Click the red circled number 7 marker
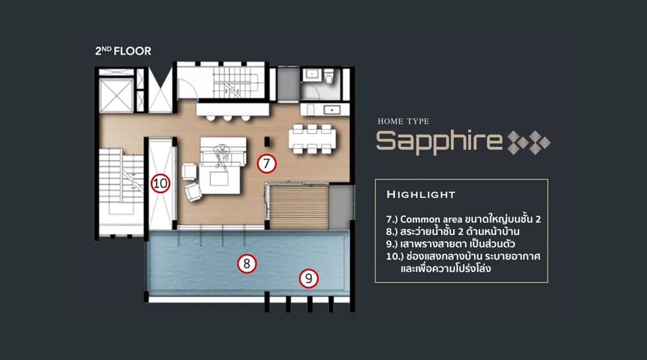coord(267,164)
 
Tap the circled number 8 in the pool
coord(247,264)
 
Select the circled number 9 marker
coord(309,279)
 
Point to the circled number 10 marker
coord(160,183)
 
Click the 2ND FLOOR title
coord(123,51)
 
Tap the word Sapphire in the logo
coord(439,142)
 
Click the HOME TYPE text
coord(403,121)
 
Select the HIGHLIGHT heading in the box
coord(421,195)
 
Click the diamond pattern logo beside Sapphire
coord(529,142)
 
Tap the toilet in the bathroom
coord(329,77)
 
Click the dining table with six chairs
coord(312,139)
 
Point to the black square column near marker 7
coord(267,142)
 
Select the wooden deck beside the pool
coord(299,207)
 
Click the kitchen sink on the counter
coord(332,110)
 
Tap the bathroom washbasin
coord(312,75)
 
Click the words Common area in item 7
coord(431,219)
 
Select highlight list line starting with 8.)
coord(453,232)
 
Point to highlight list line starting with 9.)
coord(451,244)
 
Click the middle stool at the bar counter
coord(228,117)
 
